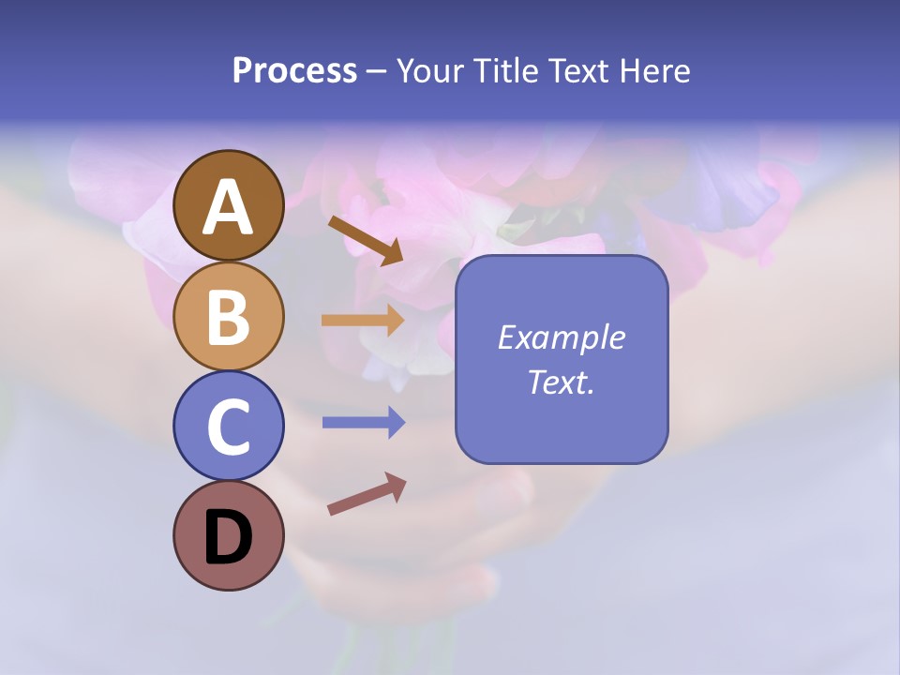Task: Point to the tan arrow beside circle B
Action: [363, 321]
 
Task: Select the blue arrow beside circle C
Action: [363, 423]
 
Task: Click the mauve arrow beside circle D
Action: [367, 494]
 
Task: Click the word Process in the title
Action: [294, 71]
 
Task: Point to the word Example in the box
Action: [561, 337]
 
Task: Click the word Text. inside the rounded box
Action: [561, 382]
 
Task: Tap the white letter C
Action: [229, 427]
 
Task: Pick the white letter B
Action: [229, 317]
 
